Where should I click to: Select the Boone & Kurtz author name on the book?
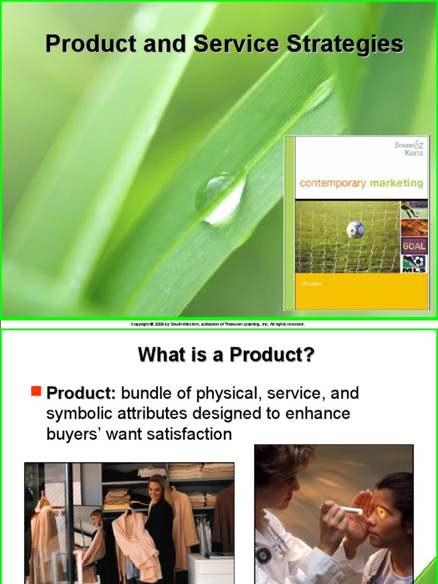(409, 150)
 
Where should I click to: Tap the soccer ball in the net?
(355, 229)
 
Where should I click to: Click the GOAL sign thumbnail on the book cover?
(414, 246)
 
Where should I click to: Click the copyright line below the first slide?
(218, 324)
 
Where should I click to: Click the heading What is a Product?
(226, 355)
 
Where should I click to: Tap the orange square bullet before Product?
(36, 391)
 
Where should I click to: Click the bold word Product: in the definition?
(81, 393)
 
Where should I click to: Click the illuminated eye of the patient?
(380, 512)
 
